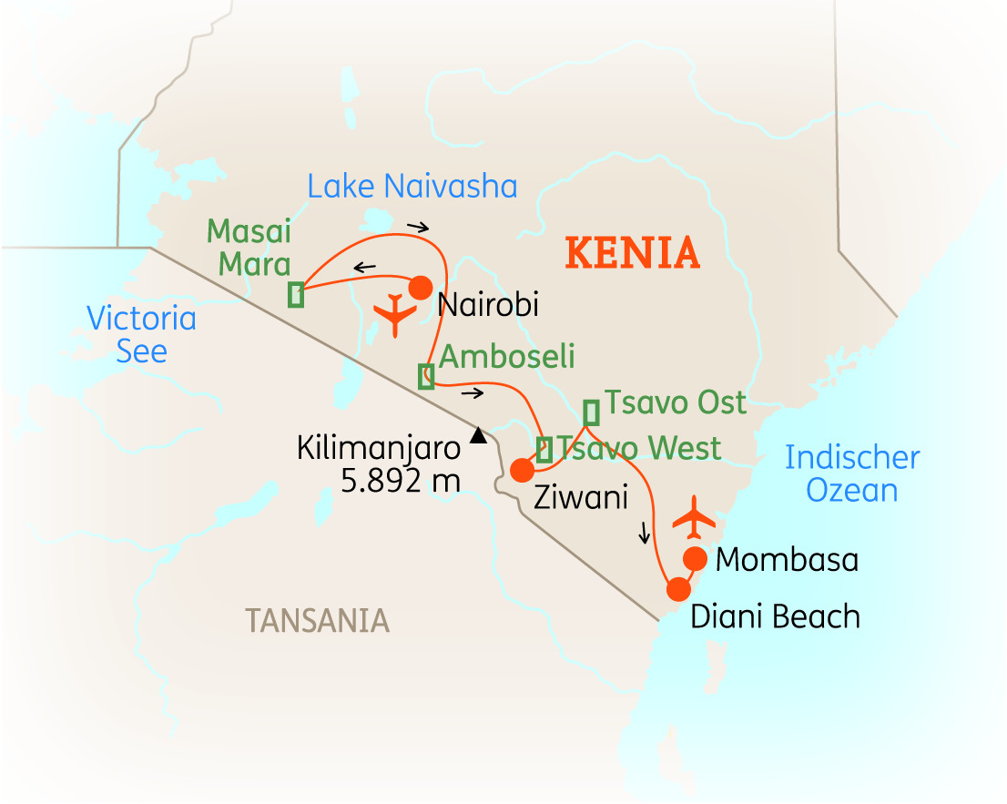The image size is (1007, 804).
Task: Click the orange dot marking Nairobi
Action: tap(420, 288)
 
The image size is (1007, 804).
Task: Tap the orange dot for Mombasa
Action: tap(696, 557)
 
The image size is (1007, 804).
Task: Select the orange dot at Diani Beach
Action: tap(677, 589)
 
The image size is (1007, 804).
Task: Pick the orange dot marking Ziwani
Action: tap(522, 470)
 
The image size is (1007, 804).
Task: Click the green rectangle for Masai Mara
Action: tap(296, 295)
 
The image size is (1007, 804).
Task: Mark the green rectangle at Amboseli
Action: tap(426, 376)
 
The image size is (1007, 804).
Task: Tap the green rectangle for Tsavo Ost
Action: tap(592, 412)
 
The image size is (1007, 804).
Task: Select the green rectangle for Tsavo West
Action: tap(544, 450)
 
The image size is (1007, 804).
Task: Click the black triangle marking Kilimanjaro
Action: tap(477, 436)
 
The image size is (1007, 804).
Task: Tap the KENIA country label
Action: tap(633, 253)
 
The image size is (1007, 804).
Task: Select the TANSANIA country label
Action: tap(317, 620)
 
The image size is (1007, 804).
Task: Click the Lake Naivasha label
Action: tap(412, 187)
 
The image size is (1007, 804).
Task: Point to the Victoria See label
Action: tap(141, 334)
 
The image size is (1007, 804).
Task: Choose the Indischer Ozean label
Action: tap(852, 473)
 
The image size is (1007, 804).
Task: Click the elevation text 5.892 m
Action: tap(401, 480)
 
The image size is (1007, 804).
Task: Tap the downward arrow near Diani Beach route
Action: tap(646, 532)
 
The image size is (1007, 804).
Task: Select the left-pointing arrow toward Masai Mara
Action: tap(364, 267)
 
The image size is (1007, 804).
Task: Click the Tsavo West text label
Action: tap(639, 448)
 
